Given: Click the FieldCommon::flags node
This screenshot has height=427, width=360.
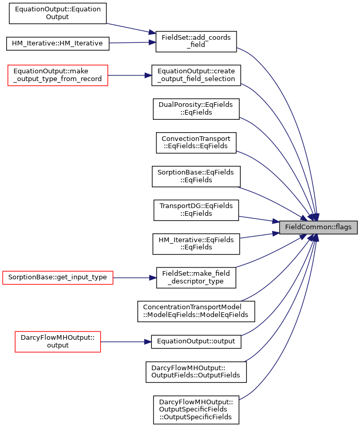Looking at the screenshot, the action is click(x=318, y=227).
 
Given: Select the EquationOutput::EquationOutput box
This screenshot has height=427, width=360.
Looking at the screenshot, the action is click(x=58, y=13).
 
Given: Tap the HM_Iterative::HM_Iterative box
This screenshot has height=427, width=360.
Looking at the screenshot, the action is click(x=58, y=43).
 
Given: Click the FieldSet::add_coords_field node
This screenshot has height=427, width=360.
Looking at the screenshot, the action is click(x=196, y=41).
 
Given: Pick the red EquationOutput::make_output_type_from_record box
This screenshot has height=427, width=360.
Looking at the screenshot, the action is click(x=58, y=75).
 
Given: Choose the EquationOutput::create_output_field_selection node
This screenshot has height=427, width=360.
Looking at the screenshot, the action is click(x=196, y=75).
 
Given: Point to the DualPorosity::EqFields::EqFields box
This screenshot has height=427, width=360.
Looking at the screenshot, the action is click(x=196, y=109).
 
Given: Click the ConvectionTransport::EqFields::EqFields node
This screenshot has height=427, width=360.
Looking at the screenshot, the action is click(x=196, y=143).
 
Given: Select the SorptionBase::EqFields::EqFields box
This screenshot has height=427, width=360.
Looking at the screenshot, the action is click(x=196, y=177).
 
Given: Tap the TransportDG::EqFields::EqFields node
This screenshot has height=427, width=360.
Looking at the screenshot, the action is click(x=196, y=210).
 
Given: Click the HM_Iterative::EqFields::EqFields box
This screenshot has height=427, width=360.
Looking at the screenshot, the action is click(x=196, y=244).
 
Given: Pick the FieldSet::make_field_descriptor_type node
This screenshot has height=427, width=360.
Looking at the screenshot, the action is click(x=196, y=278).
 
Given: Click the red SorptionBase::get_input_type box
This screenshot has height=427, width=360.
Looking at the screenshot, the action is click(x=58, y=278).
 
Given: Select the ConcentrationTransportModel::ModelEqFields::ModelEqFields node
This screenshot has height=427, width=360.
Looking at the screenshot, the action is click(x=196, y=311).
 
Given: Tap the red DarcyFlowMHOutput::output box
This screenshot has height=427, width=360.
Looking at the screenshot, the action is click(x=58, y=342).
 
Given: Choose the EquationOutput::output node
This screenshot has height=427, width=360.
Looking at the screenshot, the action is click(x=196, y=342).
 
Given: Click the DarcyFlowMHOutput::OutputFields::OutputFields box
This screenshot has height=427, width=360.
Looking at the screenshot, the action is click(x=196, y=372).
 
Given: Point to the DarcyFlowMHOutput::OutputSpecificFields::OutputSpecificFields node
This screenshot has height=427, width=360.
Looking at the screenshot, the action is click(x=196, y=410).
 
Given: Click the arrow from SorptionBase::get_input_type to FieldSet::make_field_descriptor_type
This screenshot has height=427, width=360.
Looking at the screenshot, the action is click(x=134, y=278).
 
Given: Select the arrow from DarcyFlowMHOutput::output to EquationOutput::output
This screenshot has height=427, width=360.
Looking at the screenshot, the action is click(x=126, y=342).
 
